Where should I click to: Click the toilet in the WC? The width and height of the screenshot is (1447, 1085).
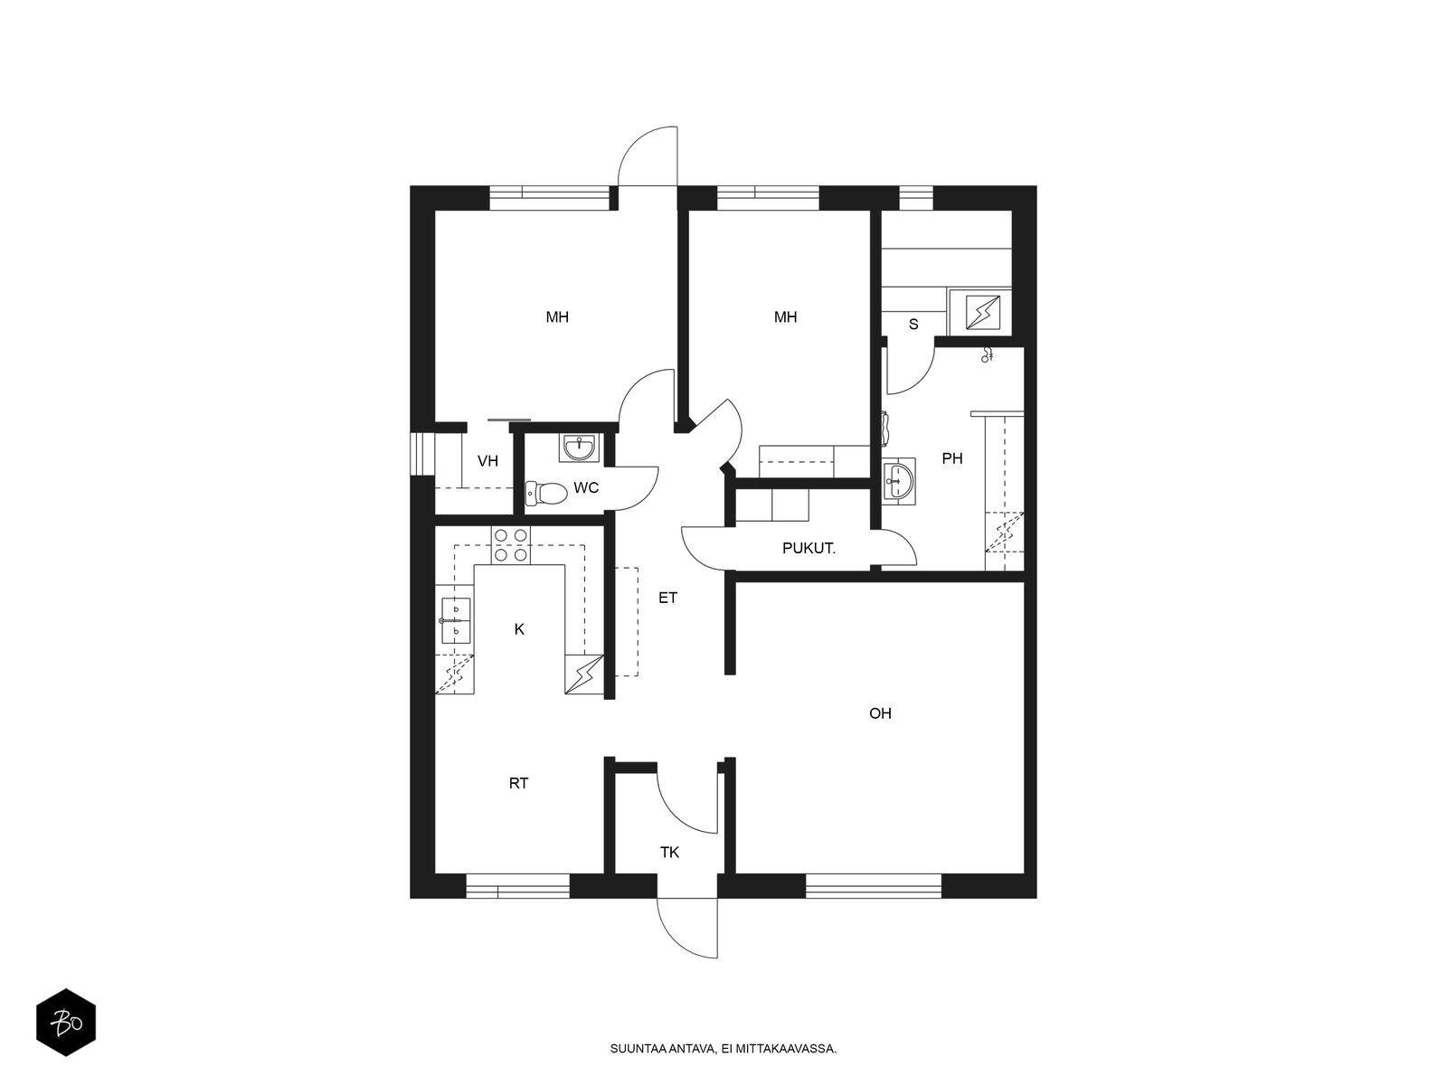(546, 492)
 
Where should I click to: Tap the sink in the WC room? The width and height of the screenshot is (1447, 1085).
(580, 448)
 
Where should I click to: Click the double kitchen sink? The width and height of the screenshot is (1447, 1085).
(455, 620)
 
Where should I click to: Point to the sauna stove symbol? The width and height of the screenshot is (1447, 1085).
(982, 312)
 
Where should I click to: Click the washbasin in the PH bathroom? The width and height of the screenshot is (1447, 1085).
(899, 481)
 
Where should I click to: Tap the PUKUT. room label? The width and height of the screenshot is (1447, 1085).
(809, 548)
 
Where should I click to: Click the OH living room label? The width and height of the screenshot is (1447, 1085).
(880, 712)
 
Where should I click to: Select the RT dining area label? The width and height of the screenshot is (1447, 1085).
(519, 783)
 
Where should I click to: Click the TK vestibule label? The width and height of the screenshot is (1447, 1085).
(670, 853)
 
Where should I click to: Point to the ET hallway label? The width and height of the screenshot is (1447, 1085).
(667, 598)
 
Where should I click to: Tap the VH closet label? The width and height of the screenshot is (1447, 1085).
(487, 461)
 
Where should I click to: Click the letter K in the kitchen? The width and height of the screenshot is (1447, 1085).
(519, 629)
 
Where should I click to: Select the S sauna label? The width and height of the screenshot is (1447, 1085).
(913, 324)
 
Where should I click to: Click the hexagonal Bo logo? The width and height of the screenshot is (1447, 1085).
(66, 1023)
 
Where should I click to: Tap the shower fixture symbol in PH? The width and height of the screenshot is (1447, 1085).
(987, 355)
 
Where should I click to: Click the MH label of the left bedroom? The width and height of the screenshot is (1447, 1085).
(557, 316)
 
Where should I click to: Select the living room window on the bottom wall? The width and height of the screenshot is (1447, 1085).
(874, 885)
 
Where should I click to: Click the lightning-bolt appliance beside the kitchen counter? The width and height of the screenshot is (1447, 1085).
(585, 674)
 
